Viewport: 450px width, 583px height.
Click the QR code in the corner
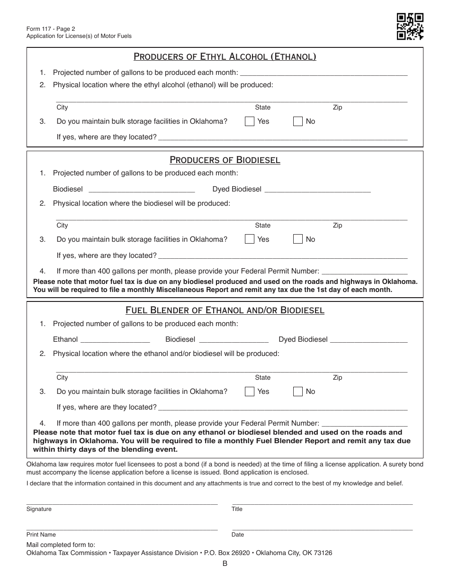pyautogui.click(x=410, y=26)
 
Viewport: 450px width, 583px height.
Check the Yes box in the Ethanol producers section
pyautogui.click(x=250, y=121)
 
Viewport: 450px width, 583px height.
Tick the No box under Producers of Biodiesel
pyautogui.click(x=298, y=239)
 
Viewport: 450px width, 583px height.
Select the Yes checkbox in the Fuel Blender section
pyautogui.click(x=250, y=392)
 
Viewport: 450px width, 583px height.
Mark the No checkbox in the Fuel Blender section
pyautogui.click(x=298, y=392)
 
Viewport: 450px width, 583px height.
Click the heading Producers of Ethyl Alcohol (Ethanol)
pyautogui.click(x=225, y=57)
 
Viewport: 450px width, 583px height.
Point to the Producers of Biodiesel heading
pyautogui.click(x=225, y=160)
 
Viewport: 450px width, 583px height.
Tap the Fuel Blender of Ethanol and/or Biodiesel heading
pyautogui.click(x=225, y=310)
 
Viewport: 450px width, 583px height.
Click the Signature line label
pyautogui.click(x=39, y=509)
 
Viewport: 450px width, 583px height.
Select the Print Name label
pyautogui.click(x=41, y=535)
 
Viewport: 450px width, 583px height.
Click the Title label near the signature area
pyautogui.click(x=237, y=509)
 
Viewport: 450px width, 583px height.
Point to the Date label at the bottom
pyautogui.click(x=238, y=535)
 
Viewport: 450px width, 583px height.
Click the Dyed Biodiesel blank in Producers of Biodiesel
pyautogui.click(x=317, y=190)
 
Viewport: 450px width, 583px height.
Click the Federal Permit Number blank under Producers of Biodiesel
pyautogui.click(x=364, y=272)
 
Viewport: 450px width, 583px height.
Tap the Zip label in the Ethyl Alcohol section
pyautogui.click(x=337, y=108)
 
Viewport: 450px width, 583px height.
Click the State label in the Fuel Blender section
pyautogui.click(x=263, y=378)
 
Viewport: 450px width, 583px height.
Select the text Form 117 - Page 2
pyautogui.click(x=51, y=28)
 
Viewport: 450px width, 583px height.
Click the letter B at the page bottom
pyautogui.click(x=225, y=564)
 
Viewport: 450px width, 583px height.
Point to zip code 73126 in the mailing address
pyautogui.click(x=322, y=553)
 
